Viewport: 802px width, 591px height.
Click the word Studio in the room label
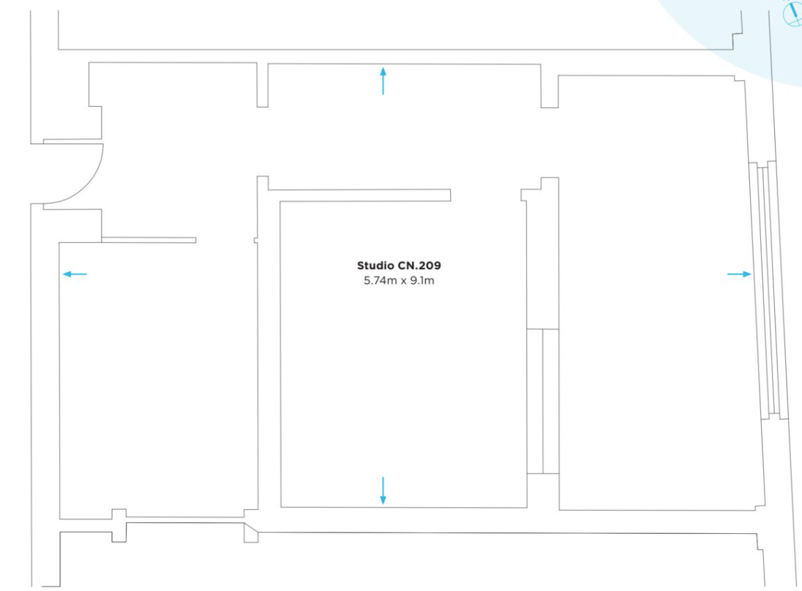[x=373, y=265]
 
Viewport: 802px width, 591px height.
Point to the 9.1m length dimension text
[x=421, y=279]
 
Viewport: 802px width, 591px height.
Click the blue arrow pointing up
[x=383, y=80]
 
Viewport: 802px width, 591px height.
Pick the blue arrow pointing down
[x=383, y=490]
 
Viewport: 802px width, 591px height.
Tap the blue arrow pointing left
[x=74, y=274]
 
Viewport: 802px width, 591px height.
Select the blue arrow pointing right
[x=739, y=274]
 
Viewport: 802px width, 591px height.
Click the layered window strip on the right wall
[x=768, y=293]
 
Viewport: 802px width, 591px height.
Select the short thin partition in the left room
[x=149, y=239]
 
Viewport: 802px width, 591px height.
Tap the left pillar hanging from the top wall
[x=262, y=85]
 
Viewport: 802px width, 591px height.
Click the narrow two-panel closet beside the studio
[x=543, y=401]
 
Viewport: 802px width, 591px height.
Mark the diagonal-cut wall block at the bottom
[x=251, y=531]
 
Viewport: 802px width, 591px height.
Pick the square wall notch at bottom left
[x=119, y=525]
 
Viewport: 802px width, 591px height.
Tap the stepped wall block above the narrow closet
[x=542, y=188]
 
